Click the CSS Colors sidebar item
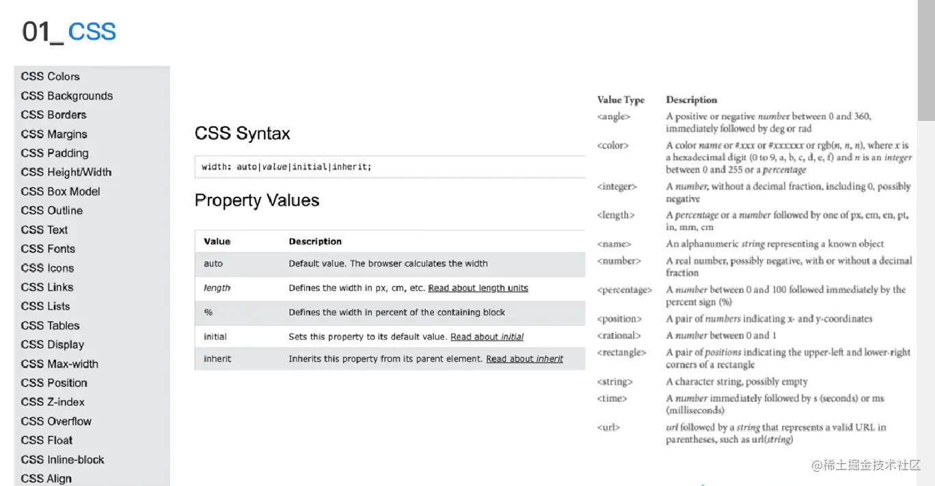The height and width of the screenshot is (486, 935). pos(50,77)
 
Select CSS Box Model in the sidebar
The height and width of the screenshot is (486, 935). pos(60,191)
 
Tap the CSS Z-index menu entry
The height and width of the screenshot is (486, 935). pos(53,402)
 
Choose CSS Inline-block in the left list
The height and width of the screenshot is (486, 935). pos(62,459)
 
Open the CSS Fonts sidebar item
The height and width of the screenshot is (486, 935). pos(48,249)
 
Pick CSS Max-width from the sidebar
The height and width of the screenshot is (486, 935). pos(59,364)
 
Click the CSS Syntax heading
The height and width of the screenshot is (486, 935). pos(242,133)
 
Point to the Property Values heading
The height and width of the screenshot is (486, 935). pos(257,200)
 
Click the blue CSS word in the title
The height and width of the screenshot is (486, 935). pos(92,31)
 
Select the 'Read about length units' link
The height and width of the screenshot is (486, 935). pos(478,288)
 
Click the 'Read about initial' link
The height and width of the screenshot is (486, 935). pos(487,337)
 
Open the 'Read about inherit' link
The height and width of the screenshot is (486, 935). pos(524,359)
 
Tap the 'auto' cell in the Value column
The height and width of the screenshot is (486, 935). pos(213,264)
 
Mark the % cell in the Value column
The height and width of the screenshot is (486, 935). pos(208,312)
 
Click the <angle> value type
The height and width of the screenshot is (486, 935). pos(613,117)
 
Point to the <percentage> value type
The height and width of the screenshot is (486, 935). pos(624,290)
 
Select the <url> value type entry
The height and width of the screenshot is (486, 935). pos(608,428)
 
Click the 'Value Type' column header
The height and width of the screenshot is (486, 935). pos(621,100)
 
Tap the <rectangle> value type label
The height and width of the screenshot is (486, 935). pos(621,353)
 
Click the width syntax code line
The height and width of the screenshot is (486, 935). pos(286,167)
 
